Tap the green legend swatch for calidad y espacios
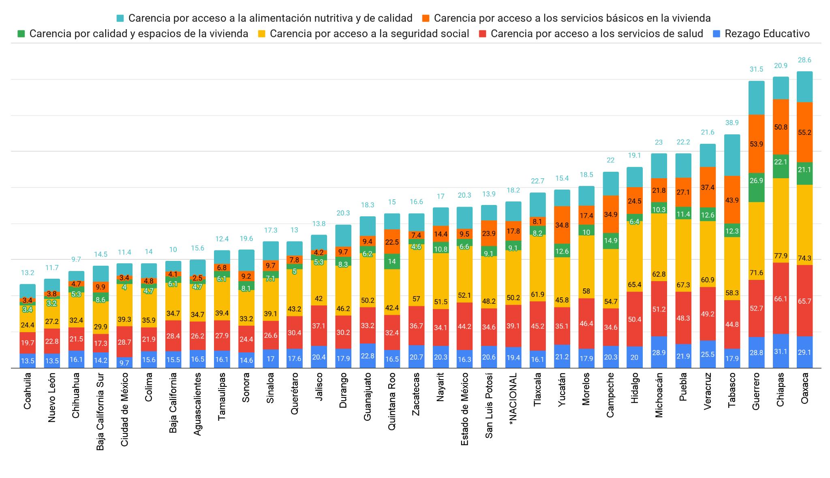(x=22, y=34)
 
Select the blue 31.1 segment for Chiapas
(x=781, y=351)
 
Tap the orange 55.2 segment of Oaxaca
(x=804, y=132)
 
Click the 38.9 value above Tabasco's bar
(x=732, y=122)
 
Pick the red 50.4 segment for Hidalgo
(x=635, y=319)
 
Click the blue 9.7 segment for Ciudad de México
(x=124, y=363)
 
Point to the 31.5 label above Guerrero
(x=756, y=69)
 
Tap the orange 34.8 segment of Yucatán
(x=562, y=224)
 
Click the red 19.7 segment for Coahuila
(x=28, y=343)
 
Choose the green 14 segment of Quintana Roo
(x=392, y=261)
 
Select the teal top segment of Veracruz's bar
(x=708, y=155)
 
